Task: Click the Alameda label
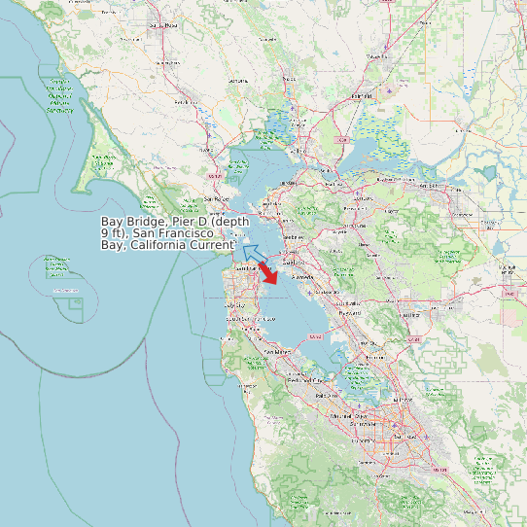click(291, 277)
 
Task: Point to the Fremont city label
click(378, 357)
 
